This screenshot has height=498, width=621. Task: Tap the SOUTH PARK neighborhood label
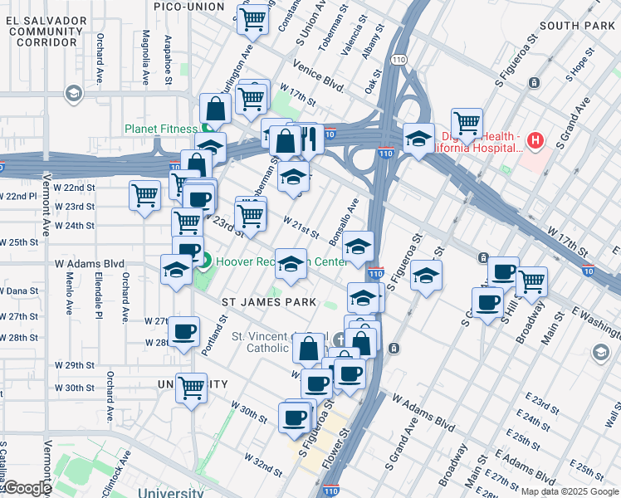click(x=577, y=26)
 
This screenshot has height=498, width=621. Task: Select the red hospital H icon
click(x=535, y=140)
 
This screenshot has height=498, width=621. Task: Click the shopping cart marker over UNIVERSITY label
click(x=192, y=386)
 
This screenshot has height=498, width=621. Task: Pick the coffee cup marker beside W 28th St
click(x=183, y=330)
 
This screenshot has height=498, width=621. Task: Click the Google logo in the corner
click(x=27, y=488)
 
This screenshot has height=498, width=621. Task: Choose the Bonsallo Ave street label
click(x=342, y=218)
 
